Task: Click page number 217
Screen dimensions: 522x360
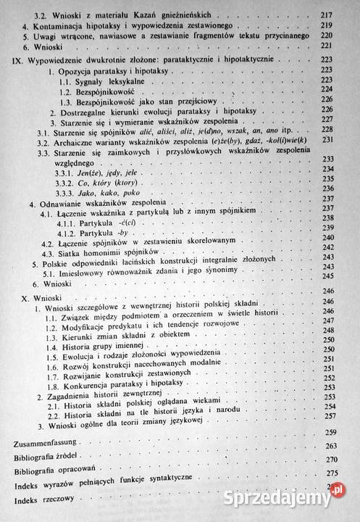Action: coord(338,14)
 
